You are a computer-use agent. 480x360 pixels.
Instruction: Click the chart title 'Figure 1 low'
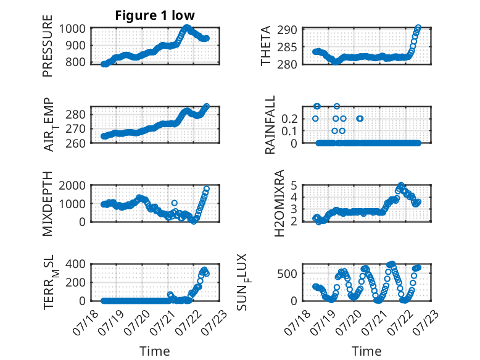[x=155, y=15]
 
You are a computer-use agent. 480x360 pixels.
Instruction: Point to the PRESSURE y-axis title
[x=48, y=46]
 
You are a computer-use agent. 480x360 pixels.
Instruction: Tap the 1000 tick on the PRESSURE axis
[x=72, y=29]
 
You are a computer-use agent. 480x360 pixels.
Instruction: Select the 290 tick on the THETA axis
[x=287, y=30]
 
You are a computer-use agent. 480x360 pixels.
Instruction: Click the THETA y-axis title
[x=266, y=46]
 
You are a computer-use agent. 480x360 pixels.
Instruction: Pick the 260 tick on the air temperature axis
[x=75, y=143]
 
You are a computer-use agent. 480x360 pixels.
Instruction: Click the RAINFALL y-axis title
[x=270, y=125]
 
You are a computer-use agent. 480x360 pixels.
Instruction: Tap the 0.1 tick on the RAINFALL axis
[x=289, y=131]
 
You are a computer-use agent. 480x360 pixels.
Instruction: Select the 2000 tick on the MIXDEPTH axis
[x=72, y=185]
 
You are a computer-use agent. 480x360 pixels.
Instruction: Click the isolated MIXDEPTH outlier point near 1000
[x=174, y=203]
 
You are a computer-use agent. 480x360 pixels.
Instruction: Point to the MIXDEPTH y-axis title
[x=48, y=203]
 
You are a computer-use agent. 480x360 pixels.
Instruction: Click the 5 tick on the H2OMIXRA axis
[x=294, y=185]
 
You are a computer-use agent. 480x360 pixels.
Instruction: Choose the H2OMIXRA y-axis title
[x=279, y=203]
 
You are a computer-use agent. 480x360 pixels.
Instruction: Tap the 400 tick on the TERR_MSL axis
[x=75, y=264]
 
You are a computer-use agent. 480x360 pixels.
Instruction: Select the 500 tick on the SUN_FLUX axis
[x=287, y=274]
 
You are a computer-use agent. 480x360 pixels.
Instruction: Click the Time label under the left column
[x=155, y=351]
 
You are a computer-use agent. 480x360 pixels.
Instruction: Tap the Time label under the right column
[x=366, y=351]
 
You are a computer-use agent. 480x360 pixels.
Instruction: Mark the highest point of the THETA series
[x=418, y=28]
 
